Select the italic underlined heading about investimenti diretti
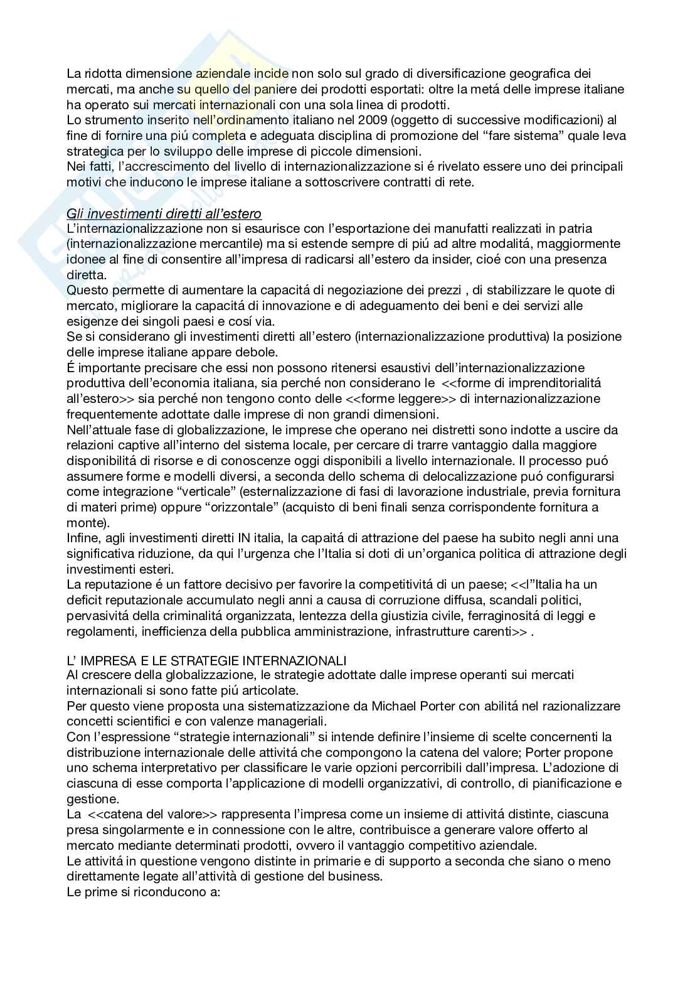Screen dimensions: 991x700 point(164,213)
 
